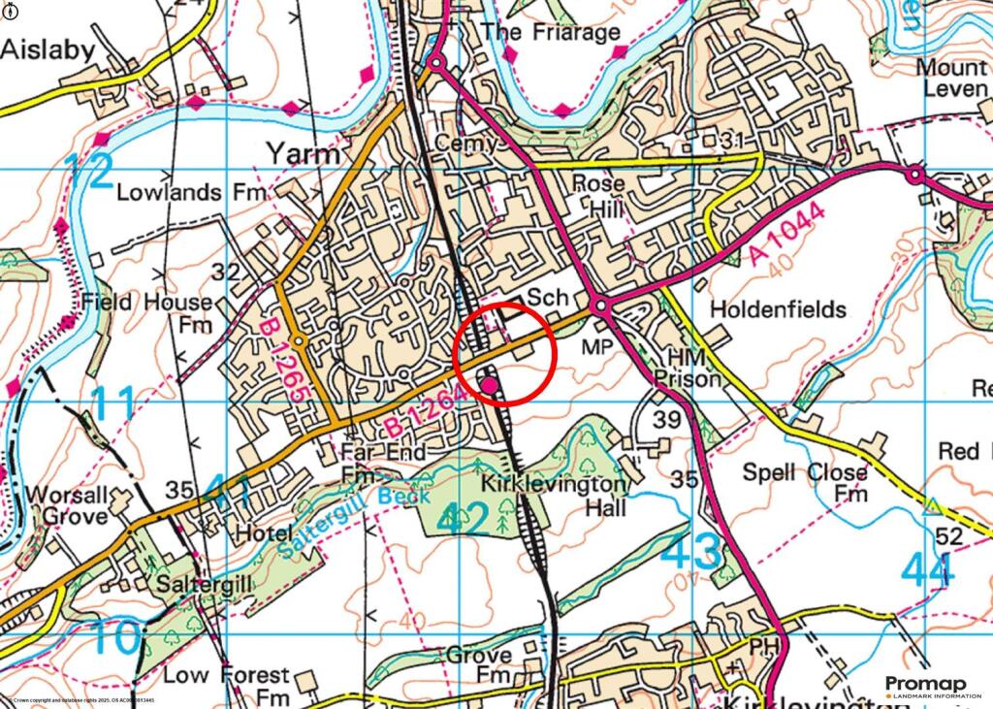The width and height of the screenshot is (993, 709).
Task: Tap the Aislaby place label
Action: coord(48,50)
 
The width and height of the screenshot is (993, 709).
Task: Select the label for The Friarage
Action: coord(551,32)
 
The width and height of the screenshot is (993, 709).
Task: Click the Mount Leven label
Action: coord(952,79)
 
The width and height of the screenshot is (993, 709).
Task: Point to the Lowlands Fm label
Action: coord(191,192)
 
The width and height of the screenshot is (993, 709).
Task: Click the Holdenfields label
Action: coord(778,309)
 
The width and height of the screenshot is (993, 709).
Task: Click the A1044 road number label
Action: coord(787,237)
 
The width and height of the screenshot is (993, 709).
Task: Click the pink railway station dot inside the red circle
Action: coord(490,386)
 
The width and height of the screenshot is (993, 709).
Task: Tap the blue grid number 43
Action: coord(693,551)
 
